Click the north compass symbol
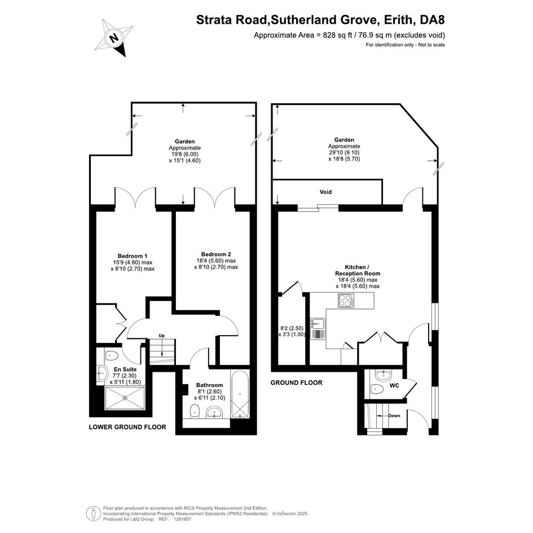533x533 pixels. pyautogui.click(x=113, y=37)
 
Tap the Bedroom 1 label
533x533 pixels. pyautogui.click(x=133, y=256)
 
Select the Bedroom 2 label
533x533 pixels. pyautogui.click(x=216, y=254)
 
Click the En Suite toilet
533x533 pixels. pyautogui.click(x=111, y=356)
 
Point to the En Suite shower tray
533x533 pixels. pyautogui.click(x=125, y=398)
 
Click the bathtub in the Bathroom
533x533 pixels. pyautogui.click(x=240, y=394)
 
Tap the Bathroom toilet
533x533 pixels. pyautogui.click(x=195, y=410)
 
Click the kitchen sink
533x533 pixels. pyautogui.click(x=318, y=329)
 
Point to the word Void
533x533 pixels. pyautogui.click(x=325, y=192)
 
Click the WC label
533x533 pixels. pyautogui.click(x=394, y=385)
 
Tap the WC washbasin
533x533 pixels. pyautogui.click(x=384, y=375)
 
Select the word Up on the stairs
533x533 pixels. pyautogui.click(x=161, y=336)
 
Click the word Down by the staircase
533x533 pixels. pyautogui.click(x=394, y=416)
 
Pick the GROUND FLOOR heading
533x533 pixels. pyautogui.click(x=297, y=383)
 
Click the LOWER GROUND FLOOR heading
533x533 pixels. pyautogui.click(x=127, y=427)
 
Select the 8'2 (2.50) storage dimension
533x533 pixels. pyautogui.click(x=292, y=328)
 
